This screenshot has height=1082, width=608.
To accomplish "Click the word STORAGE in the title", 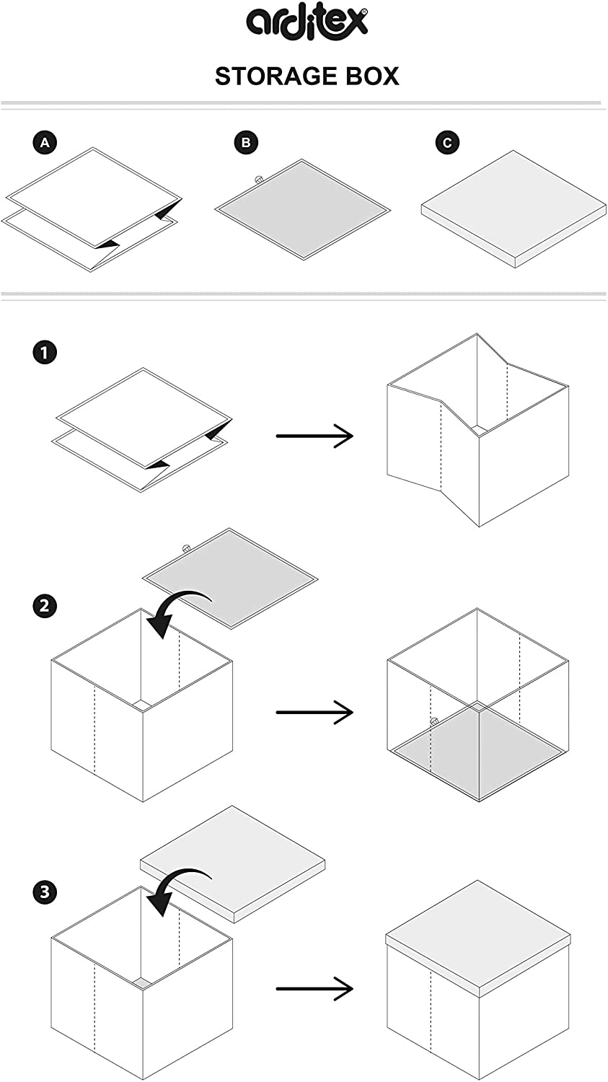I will [277, 76].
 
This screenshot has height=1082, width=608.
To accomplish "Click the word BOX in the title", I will [372, 76].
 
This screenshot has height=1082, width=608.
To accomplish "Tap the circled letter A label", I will [45, 143].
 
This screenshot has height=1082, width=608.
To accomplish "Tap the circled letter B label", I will [246, 143].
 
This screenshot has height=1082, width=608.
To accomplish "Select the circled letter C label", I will [447, 143].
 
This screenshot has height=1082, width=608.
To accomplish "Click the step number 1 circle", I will [45, 353].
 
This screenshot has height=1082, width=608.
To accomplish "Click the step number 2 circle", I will [45, 604].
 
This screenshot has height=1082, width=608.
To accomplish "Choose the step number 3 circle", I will [45, 892].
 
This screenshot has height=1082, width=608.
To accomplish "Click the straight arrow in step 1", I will [314, 436].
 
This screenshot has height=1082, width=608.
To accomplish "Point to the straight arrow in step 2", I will [314, 713].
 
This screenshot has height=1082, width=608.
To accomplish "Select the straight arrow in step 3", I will [314, 988].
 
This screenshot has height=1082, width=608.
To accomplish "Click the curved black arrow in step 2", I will [177, 610].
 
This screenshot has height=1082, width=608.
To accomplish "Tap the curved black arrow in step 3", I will [177, 889].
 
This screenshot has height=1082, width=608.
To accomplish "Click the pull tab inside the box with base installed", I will [434, 721].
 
